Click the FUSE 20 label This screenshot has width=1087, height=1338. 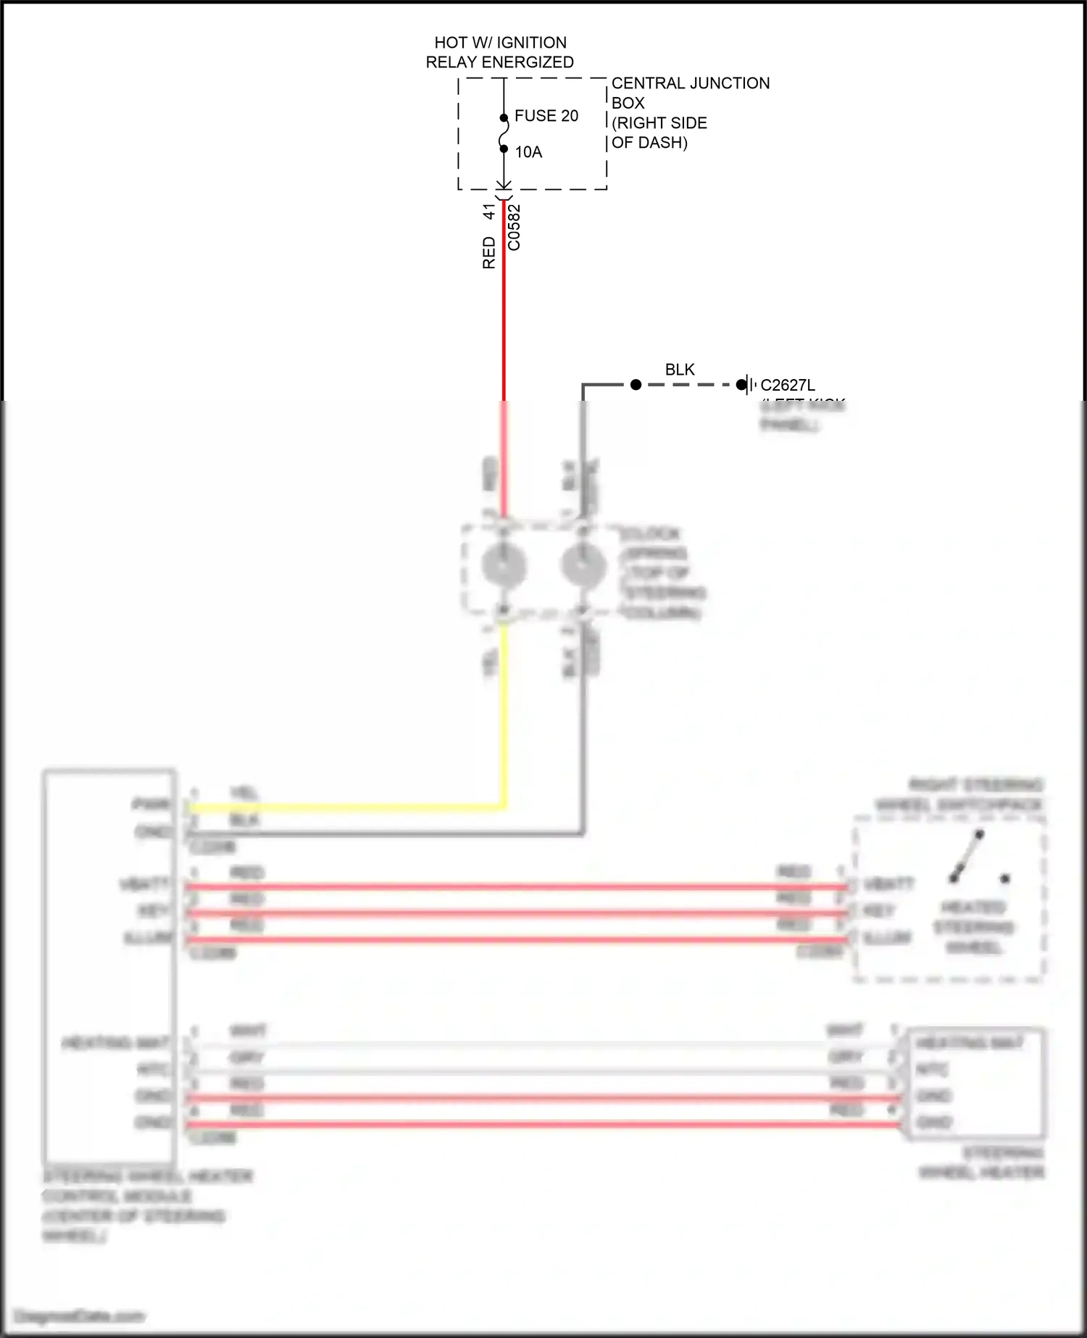point(546,116)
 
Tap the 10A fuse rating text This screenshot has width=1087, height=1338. point(528,152)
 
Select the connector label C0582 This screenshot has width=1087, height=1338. point(514,228)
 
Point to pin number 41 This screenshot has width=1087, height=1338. point(489,212)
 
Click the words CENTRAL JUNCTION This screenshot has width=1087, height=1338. point(690,83)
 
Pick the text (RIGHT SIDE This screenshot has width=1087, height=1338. point(659,123)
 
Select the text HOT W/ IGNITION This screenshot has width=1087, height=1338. point(500,43)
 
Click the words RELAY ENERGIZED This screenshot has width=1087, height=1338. point(499,62)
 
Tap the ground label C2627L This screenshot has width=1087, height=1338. point(787,386)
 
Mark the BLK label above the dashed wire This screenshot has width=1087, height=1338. point(680,370)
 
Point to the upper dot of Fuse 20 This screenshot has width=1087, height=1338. point(504,117)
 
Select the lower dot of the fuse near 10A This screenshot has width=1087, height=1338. point(504,149)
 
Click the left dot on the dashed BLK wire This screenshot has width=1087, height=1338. point(636,385)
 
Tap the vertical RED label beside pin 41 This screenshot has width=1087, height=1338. point(489,253)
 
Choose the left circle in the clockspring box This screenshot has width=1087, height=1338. point(504,565)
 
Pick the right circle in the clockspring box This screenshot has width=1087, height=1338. point(583,565)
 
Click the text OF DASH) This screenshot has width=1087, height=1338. point(649,143)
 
